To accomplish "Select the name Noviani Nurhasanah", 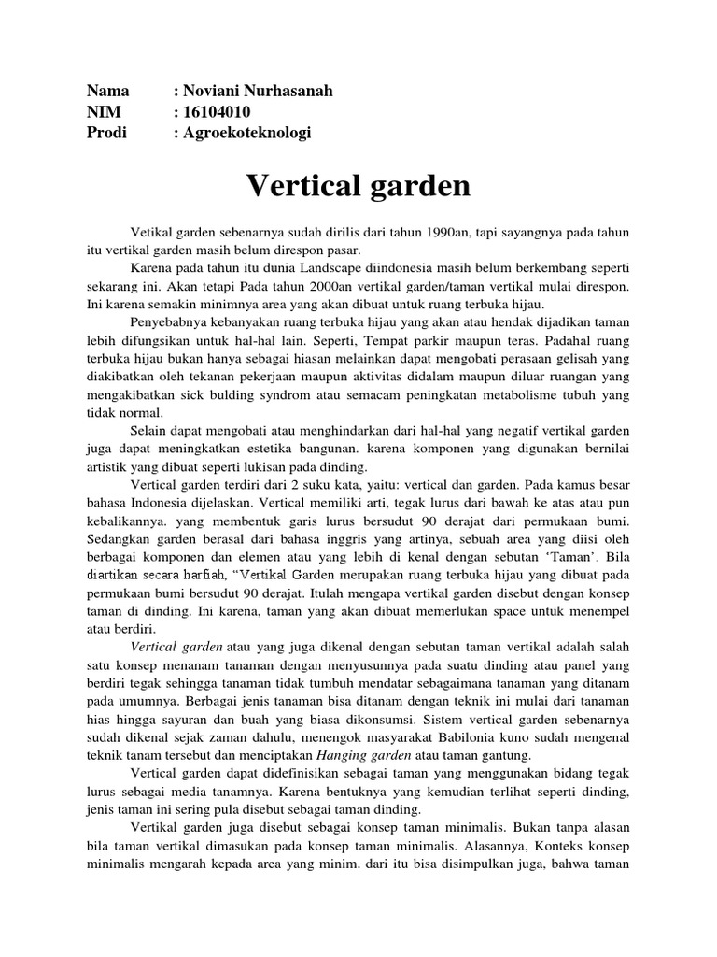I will (257, 92).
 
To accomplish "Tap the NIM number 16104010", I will (218, 112).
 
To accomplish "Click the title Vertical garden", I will (358, 185).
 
